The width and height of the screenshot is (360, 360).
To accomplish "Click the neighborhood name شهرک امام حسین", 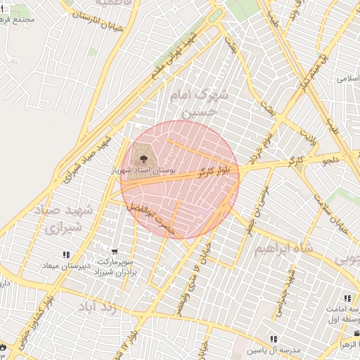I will [202, 101].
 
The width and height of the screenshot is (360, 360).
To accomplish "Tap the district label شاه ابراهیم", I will [281, 249].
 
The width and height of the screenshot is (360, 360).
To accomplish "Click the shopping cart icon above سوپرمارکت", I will [115, 252].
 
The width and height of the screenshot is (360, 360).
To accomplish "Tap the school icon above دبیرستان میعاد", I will [66, 255].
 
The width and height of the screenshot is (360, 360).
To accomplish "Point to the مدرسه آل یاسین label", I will [274, 349].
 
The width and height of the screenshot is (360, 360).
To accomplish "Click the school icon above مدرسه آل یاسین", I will [274, 339].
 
